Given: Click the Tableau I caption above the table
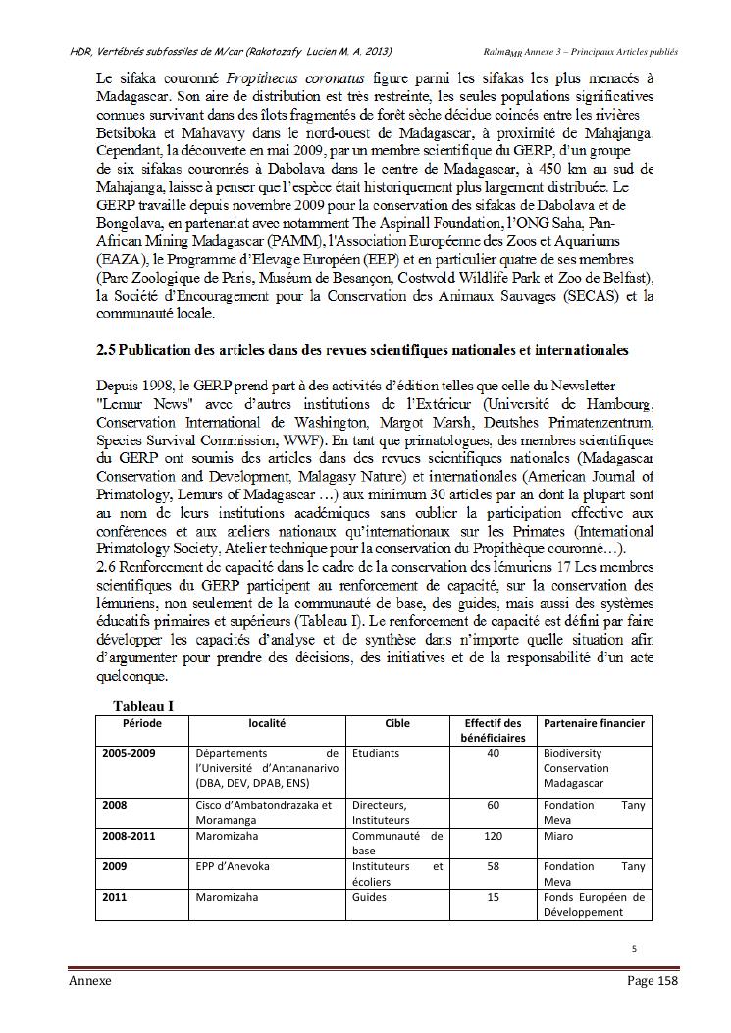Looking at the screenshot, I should click(x=143, y=705).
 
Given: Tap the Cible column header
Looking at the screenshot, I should click(x=397, y=723).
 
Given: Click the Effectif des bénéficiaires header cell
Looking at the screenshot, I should click(x=493, y=730).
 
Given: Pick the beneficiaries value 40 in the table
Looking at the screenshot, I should click(x=493, y=753).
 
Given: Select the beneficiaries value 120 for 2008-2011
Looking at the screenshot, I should click(x=493, y=836).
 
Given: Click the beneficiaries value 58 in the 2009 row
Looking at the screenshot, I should click(x=493, y=866).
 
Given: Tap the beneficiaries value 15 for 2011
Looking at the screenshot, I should click(x=493, y=897).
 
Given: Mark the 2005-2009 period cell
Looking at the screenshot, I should click(x=130, y=753).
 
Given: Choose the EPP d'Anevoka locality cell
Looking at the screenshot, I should click(x=233, y=866).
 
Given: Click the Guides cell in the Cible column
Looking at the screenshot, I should click(x=369, y=897).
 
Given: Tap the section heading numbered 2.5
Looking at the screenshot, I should click(x=362, y=349).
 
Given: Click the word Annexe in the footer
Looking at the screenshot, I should click(x=89, y=981).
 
